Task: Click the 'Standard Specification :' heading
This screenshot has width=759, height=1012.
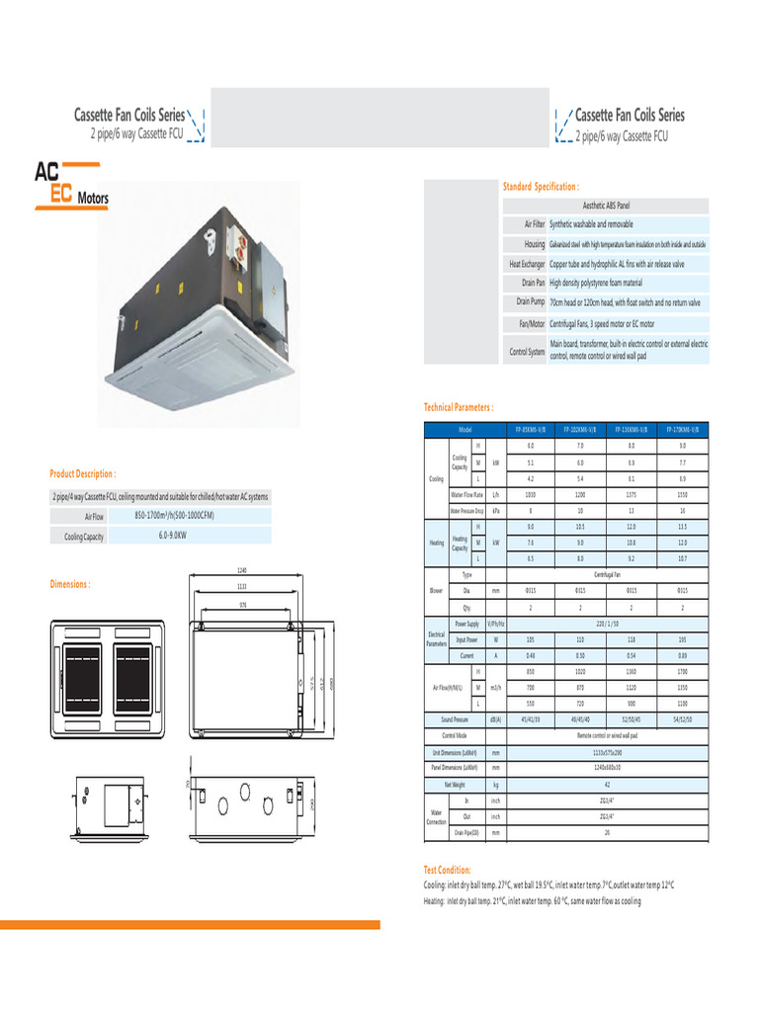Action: pos(541,186)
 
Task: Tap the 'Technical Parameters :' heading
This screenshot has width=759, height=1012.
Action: pos(459,407)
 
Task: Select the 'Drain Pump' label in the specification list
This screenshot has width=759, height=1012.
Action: pos(531,301)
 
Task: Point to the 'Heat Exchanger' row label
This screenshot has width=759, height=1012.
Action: pos(528,264)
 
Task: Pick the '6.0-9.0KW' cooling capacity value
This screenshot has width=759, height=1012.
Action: pos(173,535)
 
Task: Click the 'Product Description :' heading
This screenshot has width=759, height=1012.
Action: pos(83,474)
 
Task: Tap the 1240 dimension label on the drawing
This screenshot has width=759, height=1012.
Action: pos(241,570)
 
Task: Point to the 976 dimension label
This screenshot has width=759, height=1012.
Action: pos(241,603)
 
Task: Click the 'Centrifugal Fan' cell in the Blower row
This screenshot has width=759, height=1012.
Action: pos(607,574)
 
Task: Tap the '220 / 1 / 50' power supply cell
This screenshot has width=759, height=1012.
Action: pos(607,624)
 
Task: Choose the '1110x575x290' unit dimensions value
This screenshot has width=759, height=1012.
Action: pos(607,753)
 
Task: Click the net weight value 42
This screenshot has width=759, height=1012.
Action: pos(607,784)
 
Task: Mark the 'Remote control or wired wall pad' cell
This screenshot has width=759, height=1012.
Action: pos(607,736)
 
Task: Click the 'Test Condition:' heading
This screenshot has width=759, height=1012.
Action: pos(447,870)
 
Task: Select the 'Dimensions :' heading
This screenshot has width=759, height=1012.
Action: pos(70,584)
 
